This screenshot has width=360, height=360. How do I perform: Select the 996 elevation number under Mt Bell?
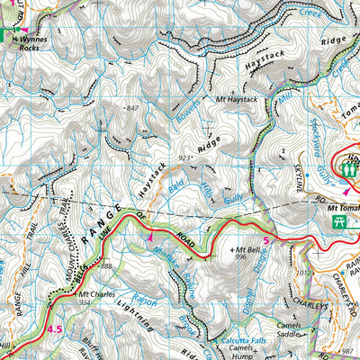(x=240, y=256)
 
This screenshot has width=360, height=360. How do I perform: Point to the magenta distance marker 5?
(x=267, y=238)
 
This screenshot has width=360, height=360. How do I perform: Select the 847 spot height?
(x=135, y=108)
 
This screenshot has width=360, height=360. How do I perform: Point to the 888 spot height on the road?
(x=106, y=266)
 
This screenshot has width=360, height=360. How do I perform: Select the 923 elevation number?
(x=186, y=157)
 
